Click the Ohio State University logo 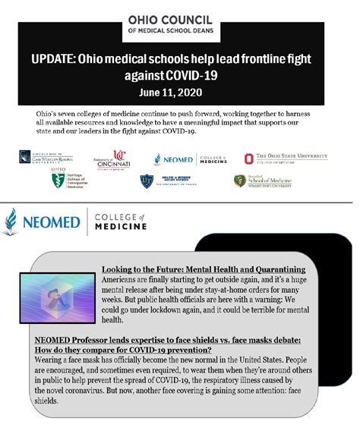click(x=286, y=158)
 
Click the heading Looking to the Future click(x=204, y=269)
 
